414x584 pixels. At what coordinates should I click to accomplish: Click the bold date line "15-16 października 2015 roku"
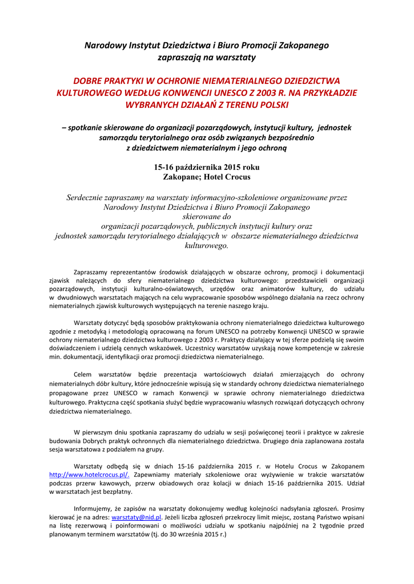point(207,168)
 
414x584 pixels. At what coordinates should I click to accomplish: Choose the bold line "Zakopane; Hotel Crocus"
point(207,177)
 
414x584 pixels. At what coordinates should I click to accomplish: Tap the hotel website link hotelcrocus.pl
point(89,474)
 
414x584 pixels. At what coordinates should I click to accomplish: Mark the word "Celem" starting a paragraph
point(83,375)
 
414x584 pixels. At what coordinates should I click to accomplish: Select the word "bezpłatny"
point(116,492)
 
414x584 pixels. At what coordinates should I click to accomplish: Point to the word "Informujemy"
point(93,509)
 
